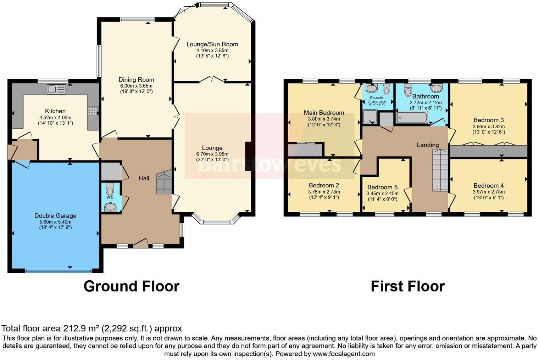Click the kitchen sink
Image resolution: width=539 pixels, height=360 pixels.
tap(56, 89)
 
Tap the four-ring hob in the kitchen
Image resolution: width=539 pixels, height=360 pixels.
tap(93, 112)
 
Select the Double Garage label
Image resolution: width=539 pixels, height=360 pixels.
tap(55, 215)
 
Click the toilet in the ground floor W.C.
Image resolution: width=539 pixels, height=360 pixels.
tap(110, 188)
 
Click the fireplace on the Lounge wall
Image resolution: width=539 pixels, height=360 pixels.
tap(248, 157)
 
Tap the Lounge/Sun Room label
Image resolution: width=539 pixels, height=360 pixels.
tap(212, 44)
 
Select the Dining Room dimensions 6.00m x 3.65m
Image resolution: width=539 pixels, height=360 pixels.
tap(136, 86)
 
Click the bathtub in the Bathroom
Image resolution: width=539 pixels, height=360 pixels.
tap(412, 117)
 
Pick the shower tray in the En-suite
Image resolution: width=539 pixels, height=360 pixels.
tap(369, 117)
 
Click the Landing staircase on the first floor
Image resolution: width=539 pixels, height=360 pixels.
tap(440, 170)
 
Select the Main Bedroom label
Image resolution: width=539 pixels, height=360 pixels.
tap(324, 113)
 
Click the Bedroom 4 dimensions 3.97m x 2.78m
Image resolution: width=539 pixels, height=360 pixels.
tap(488, 192)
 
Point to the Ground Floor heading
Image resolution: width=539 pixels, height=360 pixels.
tap(131, 286)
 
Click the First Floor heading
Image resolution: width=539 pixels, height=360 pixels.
tap(407, 286)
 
